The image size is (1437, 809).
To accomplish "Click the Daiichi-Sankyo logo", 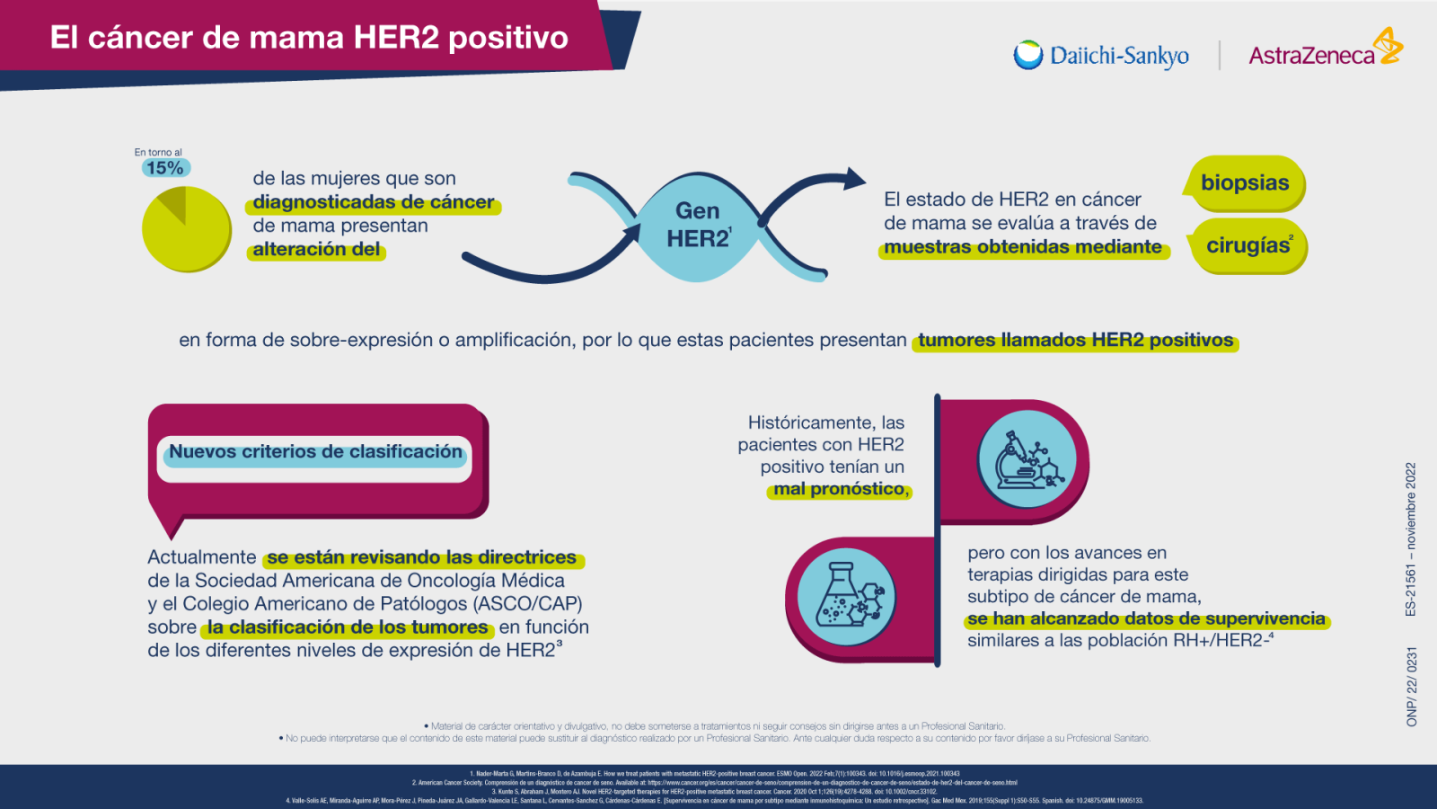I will tap(1102, 56).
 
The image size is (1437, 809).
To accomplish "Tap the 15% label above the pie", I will tap(165, 168).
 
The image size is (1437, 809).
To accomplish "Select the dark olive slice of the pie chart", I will tap(172, 203).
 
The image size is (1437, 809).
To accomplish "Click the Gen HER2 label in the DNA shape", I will tap(698, 225).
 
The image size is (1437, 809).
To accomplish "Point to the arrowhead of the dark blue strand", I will tap(855, 179).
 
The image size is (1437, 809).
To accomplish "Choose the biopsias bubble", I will tap(1245, 183).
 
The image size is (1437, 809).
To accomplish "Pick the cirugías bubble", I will tap(1248, 245).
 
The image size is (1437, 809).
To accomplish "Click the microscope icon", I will tap(1027, 461).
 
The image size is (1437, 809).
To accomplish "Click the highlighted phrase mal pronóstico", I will tap(840, 489).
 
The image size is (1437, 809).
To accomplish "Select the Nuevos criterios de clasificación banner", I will tap(315, 452).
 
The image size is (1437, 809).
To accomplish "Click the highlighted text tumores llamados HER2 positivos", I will tap(1075, 341).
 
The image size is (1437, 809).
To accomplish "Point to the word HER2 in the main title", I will tap(395, 37).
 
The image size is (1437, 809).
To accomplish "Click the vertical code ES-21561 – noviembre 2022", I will tap(1411, 538).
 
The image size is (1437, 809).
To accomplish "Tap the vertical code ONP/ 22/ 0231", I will tap(1411, 686).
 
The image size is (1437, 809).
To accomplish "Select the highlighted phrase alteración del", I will tap(316, 250).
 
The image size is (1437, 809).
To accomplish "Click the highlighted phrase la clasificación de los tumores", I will tap(348, 627).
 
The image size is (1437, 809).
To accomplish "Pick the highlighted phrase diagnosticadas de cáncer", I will tap(373, 203).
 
